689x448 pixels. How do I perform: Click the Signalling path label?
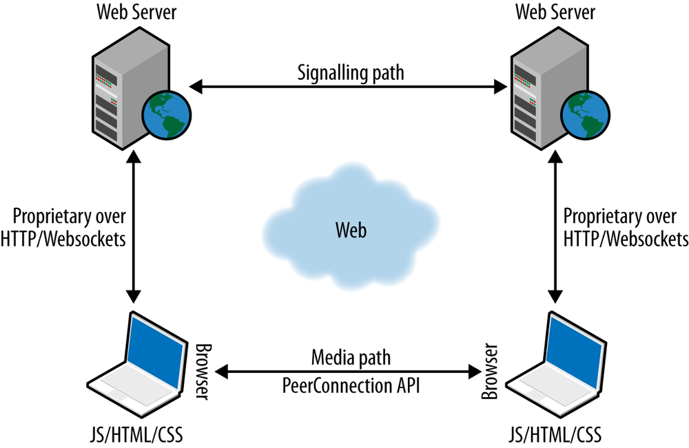tap(350, 72)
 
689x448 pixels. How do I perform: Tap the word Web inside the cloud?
tap(351, 230)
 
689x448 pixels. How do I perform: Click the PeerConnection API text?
tap(351, 386)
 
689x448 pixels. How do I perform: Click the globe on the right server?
tap(584, 114)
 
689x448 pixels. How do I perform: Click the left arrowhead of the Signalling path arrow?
tap(196, 87)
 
